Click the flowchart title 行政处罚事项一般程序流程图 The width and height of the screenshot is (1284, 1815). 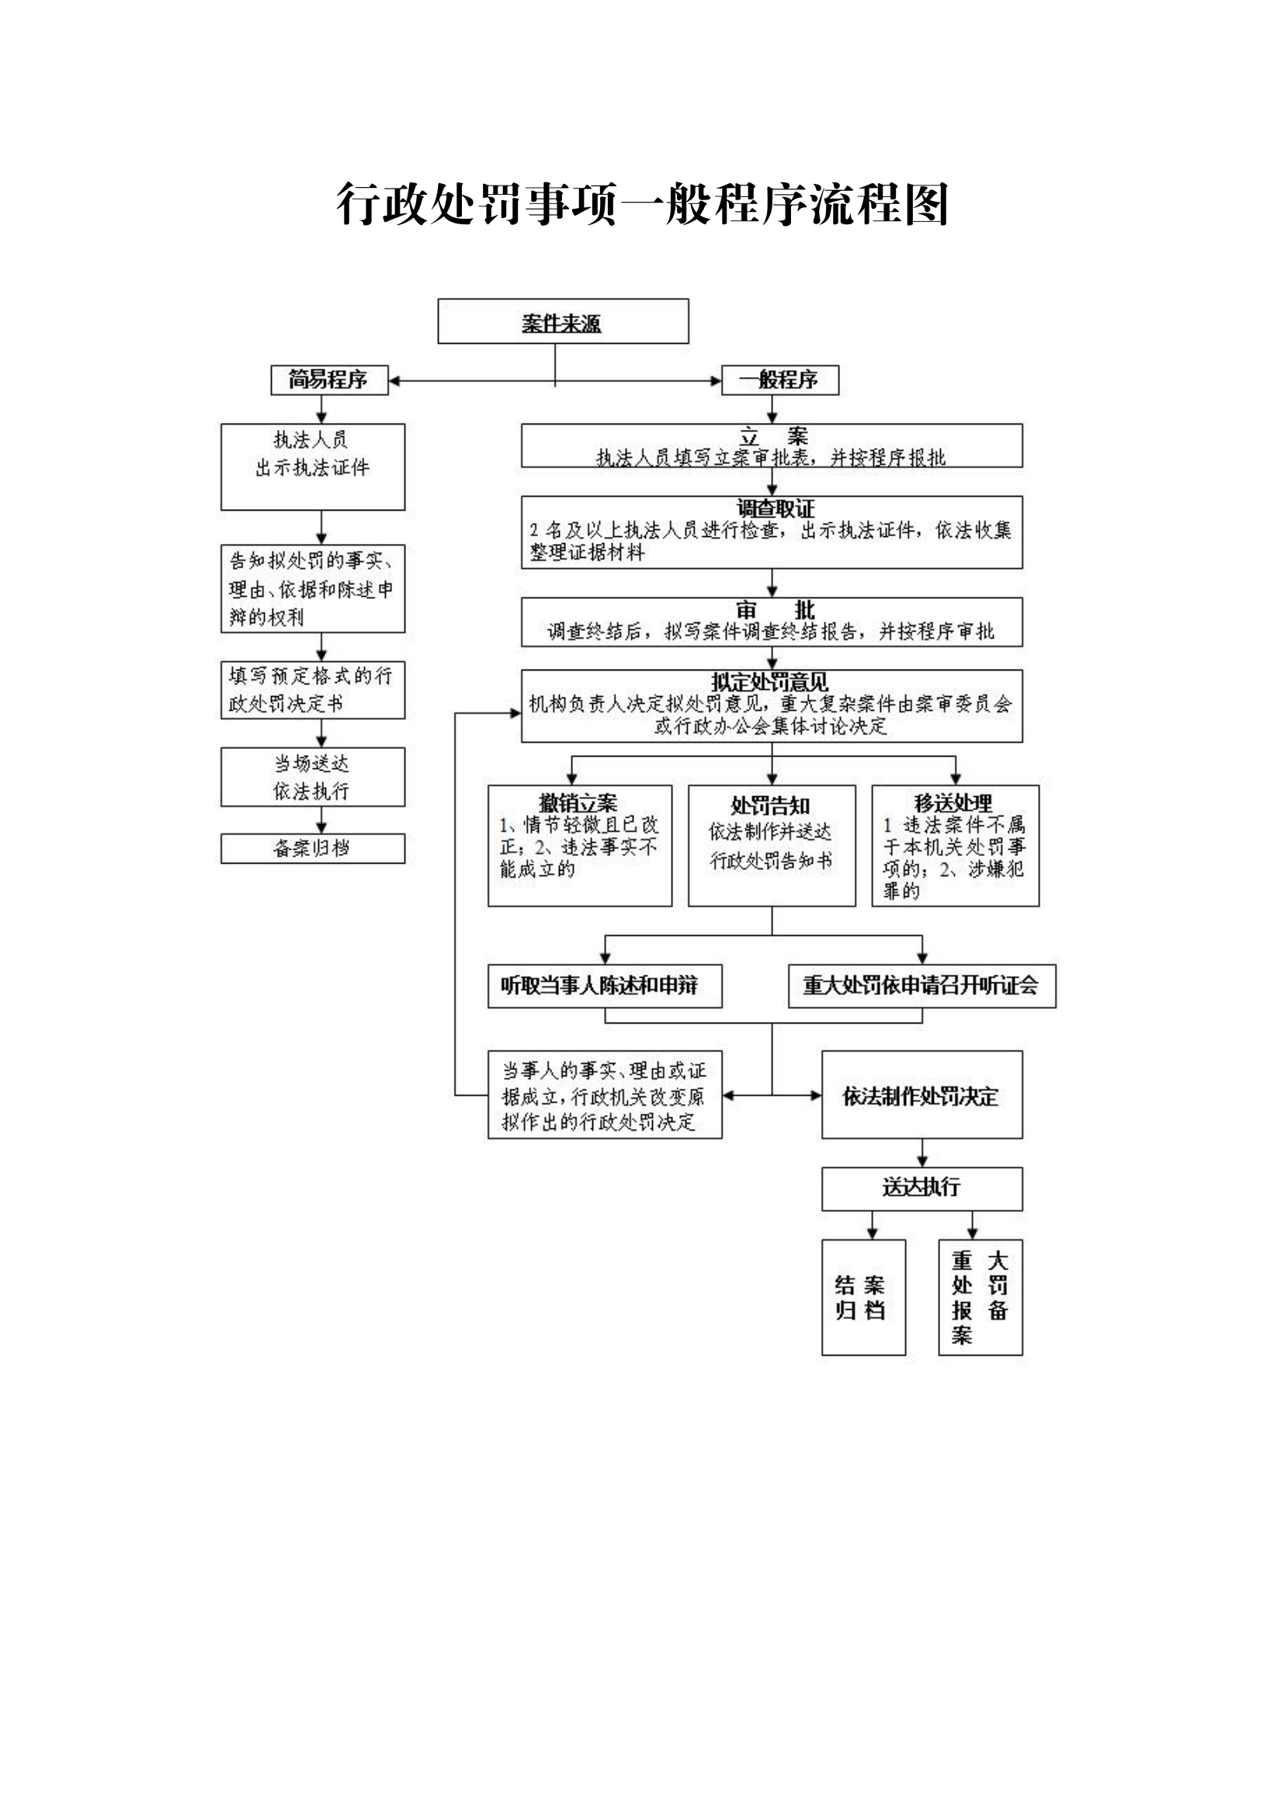(x=641, y=204)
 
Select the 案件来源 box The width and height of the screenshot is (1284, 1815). (x=563, y=322)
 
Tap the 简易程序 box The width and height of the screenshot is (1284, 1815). (x=329, y=380)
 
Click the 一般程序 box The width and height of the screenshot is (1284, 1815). (x=779, y=380)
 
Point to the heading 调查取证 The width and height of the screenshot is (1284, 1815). (x=775, y=508)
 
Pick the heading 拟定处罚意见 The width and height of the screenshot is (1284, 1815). (x=769, y=681)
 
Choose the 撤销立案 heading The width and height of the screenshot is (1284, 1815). (x=578, y=803)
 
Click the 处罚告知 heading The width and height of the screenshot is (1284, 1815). (x=770, y=805)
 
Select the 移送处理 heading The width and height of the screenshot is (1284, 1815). (x=953, y=803)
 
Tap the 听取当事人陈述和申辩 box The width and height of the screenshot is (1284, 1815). (x=605, y=985)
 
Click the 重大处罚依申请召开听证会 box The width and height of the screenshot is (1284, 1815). (x=921, y=985)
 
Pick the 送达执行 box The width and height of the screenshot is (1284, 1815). (x=921, y=1186)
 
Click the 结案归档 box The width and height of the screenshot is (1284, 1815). (x=862, y=1297)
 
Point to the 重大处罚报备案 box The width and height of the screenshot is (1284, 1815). (x=980, y=1297)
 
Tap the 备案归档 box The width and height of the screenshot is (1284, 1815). (x=312, y=848)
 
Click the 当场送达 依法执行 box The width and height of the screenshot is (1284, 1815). (x=312, y=777)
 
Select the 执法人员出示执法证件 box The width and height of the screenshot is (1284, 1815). (x=312, y=466)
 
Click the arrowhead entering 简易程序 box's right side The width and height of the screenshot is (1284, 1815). (x=394, y=381)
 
